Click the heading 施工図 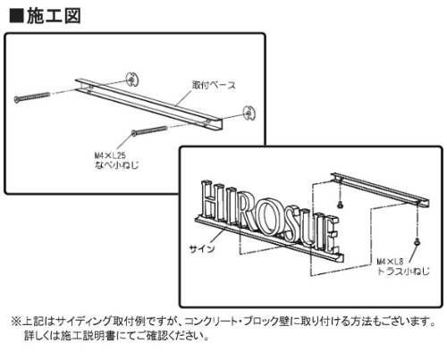pos(54,15)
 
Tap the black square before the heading pos(16,16)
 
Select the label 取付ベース pos(214,85)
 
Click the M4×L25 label pos(110,155)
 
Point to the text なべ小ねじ pos(116,164)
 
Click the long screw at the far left pos(32,97)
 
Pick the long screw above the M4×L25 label pos(149,130)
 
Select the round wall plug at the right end pos(249,113)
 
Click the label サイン pos(202,248)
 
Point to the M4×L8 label pos(390,262)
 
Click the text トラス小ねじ pos(403,271)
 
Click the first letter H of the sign pos(212,200)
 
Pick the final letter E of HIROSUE pos(331,233)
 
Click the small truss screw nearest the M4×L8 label pos(417,241)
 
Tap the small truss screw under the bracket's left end pos(340,205)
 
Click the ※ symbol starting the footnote pos(16,322)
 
